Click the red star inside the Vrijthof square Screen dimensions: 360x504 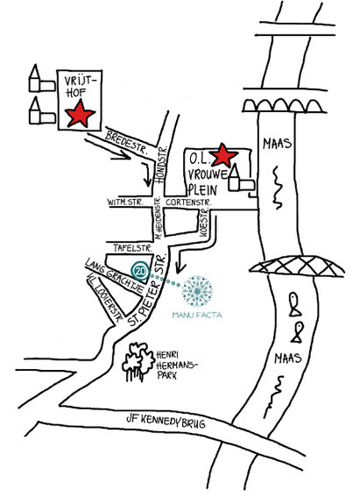80,113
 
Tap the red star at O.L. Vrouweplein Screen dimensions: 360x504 222,155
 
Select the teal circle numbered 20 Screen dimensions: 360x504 140,270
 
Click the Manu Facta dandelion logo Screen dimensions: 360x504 197,291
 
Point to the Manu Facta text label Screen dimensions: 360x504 197,315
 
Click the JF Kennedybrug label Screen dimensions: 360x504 166,421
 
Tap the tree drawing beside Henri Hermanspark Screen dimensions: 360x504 138,362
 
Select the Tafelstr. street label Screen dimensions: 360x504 132,248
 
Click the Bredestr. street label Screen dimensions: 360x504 126,142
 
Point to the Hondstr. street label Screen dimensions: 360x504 161,164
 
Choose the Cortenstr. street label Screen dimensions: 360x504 188,202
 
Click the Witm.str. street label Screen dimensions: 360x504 124,202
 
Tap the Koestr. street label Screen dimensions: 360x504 204,223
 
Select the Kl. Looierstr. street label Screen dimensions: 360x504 105,298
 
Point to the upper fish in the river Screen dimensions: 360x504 295,304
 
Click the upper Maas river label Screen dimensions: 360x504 278,144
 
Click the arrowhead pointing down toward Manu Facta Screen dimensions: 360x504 181,267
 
